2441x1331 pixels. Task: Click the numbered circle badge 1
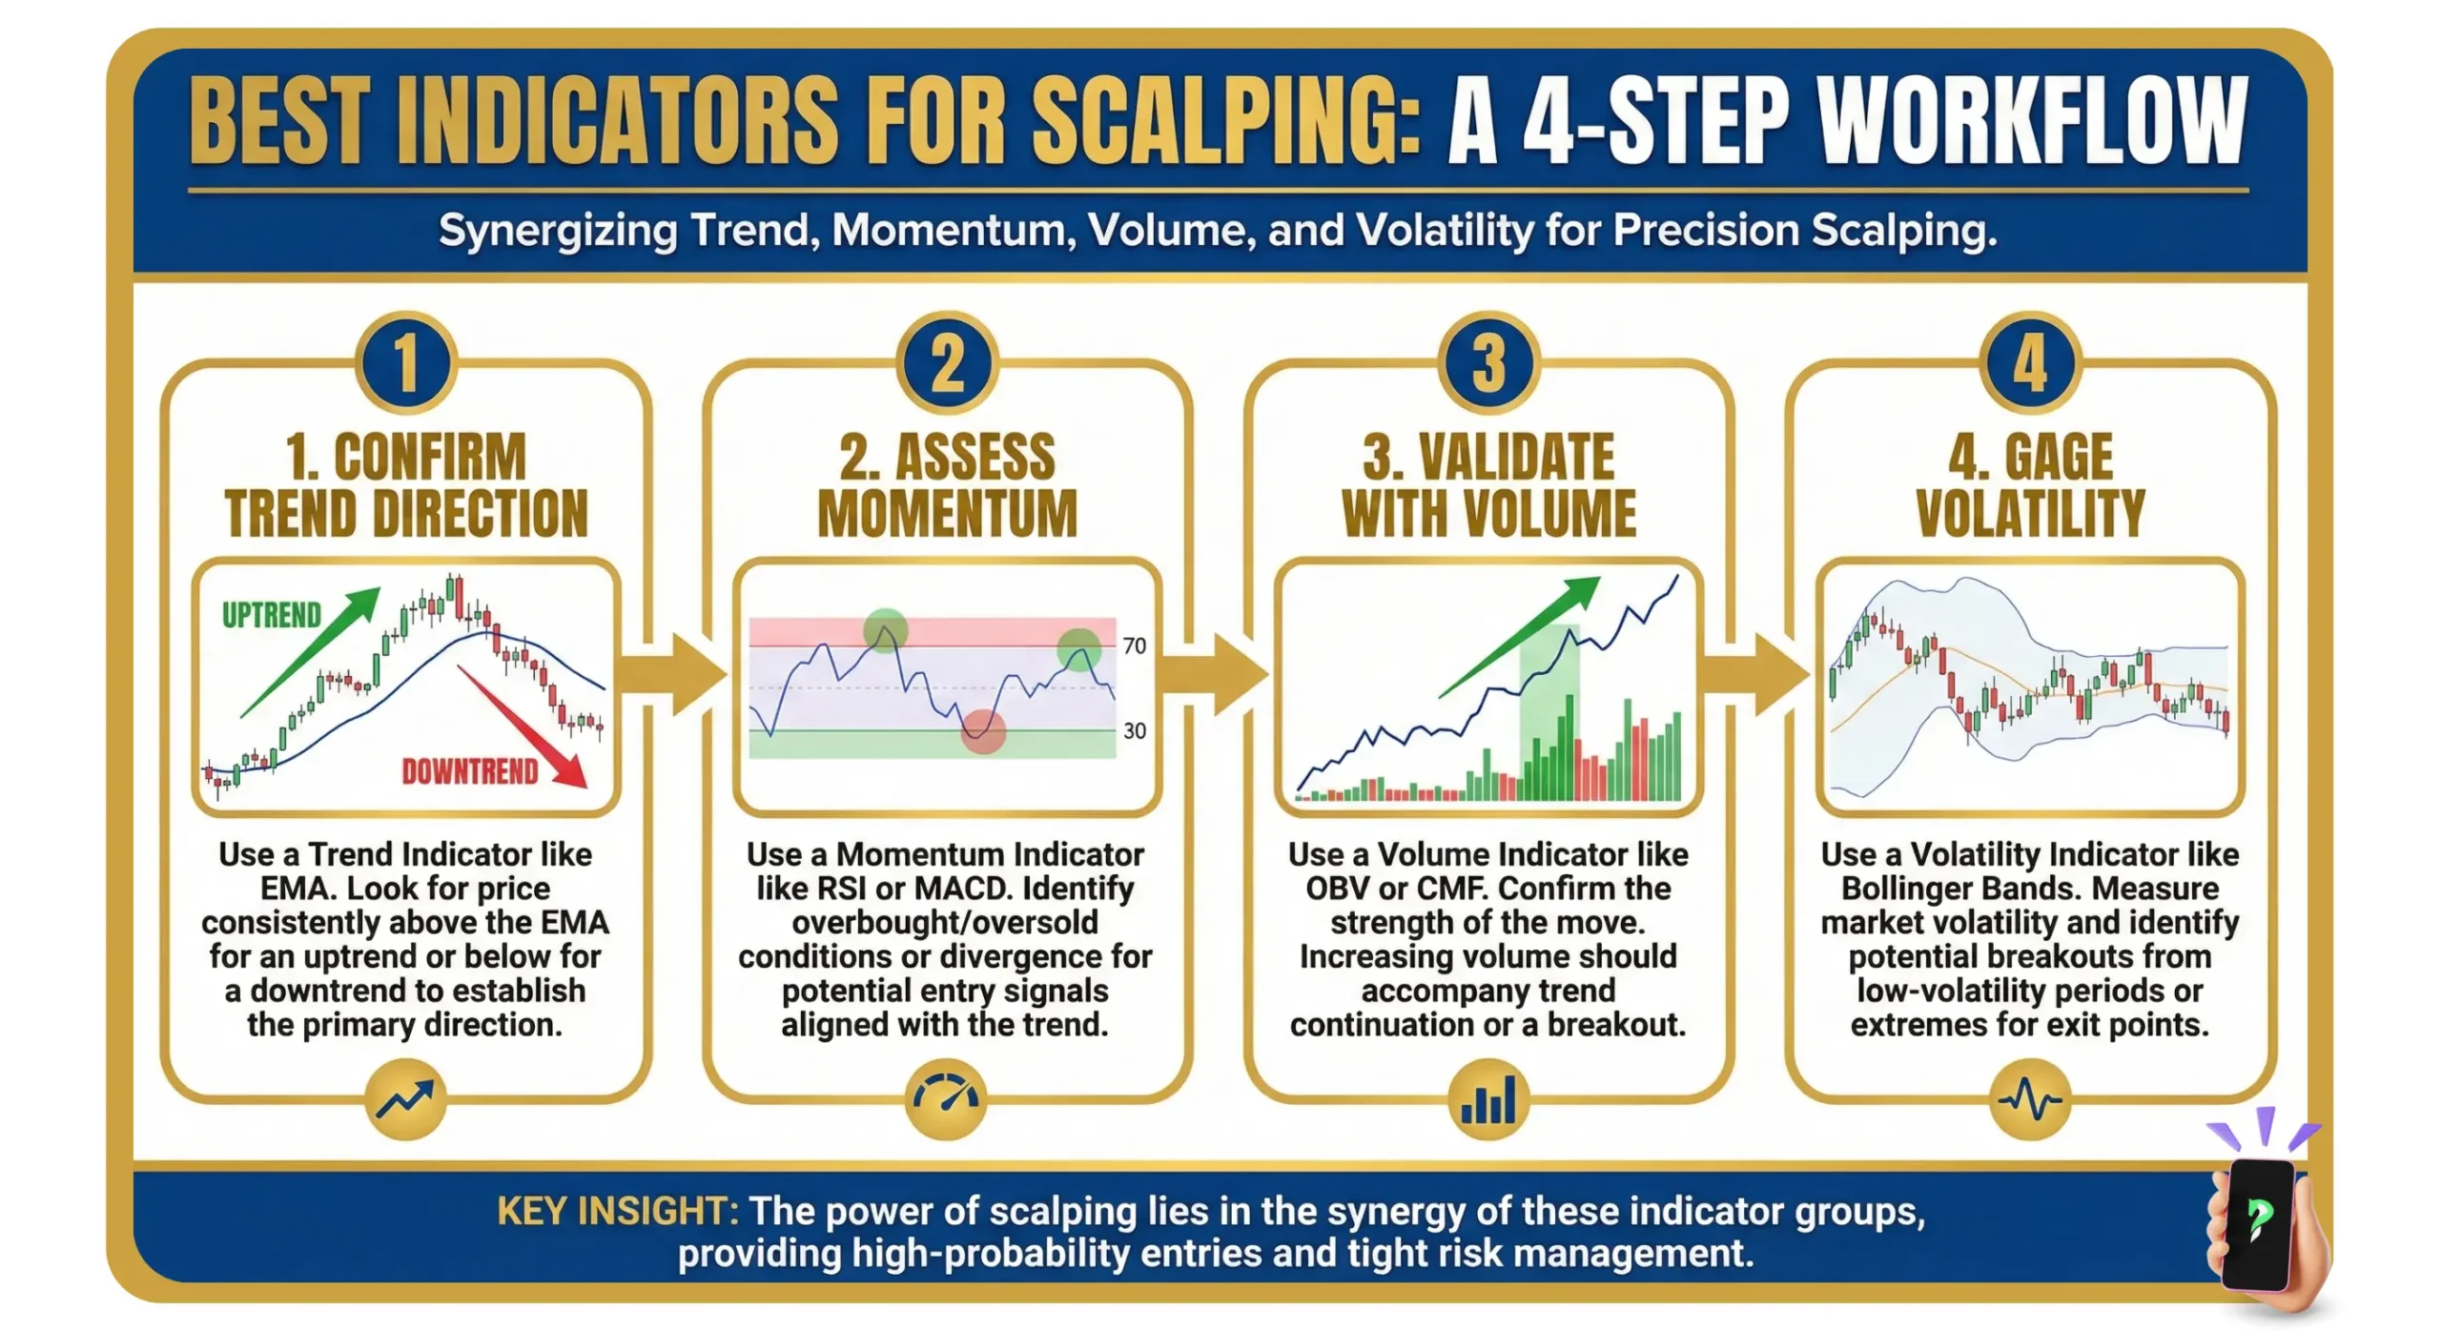pos(406,363)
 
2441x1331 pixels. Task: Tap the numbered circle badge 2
pos(947,363)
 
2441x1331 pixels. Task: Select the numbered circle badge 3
pos(1488,363)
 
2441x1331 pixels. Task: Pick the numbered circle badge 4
pos(2030,363)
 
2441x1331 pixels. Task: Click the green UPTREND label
pos(272,616)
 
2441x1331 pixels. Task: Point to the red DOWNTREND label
pos(470,771)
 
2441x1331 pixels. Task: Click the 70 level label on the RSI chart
pos(1134,646)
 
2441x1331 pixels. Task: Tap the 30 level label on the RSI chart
pos(1134,731)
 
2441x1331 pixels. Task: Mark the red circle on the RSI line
pos(982,731)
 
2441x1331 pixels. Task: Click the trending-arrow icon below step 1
pos(406,1099)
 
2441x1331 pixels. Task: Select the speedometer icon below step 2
pos(946,1099)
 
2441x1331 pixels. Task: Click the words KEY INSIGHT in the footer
pos(617,1211)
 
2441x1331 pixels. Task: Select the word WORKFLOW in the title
pos(2031,121)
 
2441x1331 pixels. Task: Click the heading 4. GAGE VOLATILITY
pos(2030,484)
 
